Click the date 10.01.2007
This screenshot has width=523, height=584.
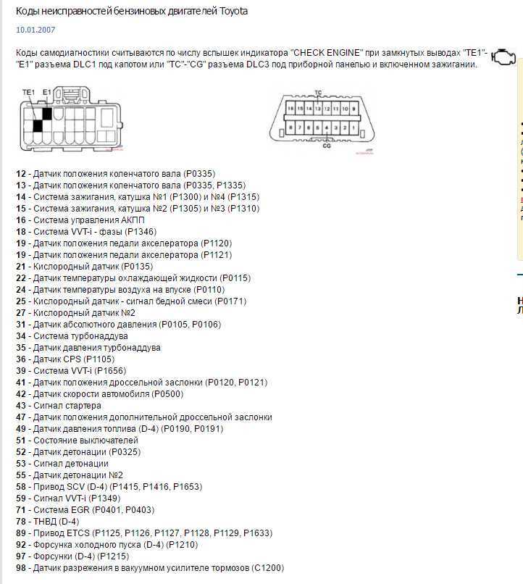(x=35, y=30)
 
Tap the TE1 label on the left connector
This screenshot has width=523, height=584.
(x=28, y=92)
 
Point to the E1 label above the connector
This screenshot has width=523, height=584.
(x=47, y=92)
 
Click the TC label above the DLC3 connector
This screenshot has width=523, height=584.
(x=318, y=93)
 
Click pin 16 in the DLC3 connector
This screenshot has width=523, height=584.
(x=290, y=108)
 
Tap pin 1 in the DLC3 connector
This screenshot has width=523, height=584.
(x=353, y=128)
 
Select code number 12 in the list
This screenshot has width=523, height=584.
(x=20, y=174)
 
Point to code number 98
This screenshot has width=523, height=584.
(x=20, y=568)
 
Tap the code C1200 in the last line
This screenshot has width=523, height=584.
(x=267, y=568)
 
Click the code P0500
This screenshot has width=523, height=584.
(x=167, y=394)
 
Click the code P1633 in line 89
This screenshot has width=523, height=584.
(x=257, y=533)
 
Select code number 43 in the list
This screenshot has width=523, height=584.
(x=20, y=406)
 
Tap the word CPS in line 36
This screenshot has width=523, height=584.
(x=71, y=359)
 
